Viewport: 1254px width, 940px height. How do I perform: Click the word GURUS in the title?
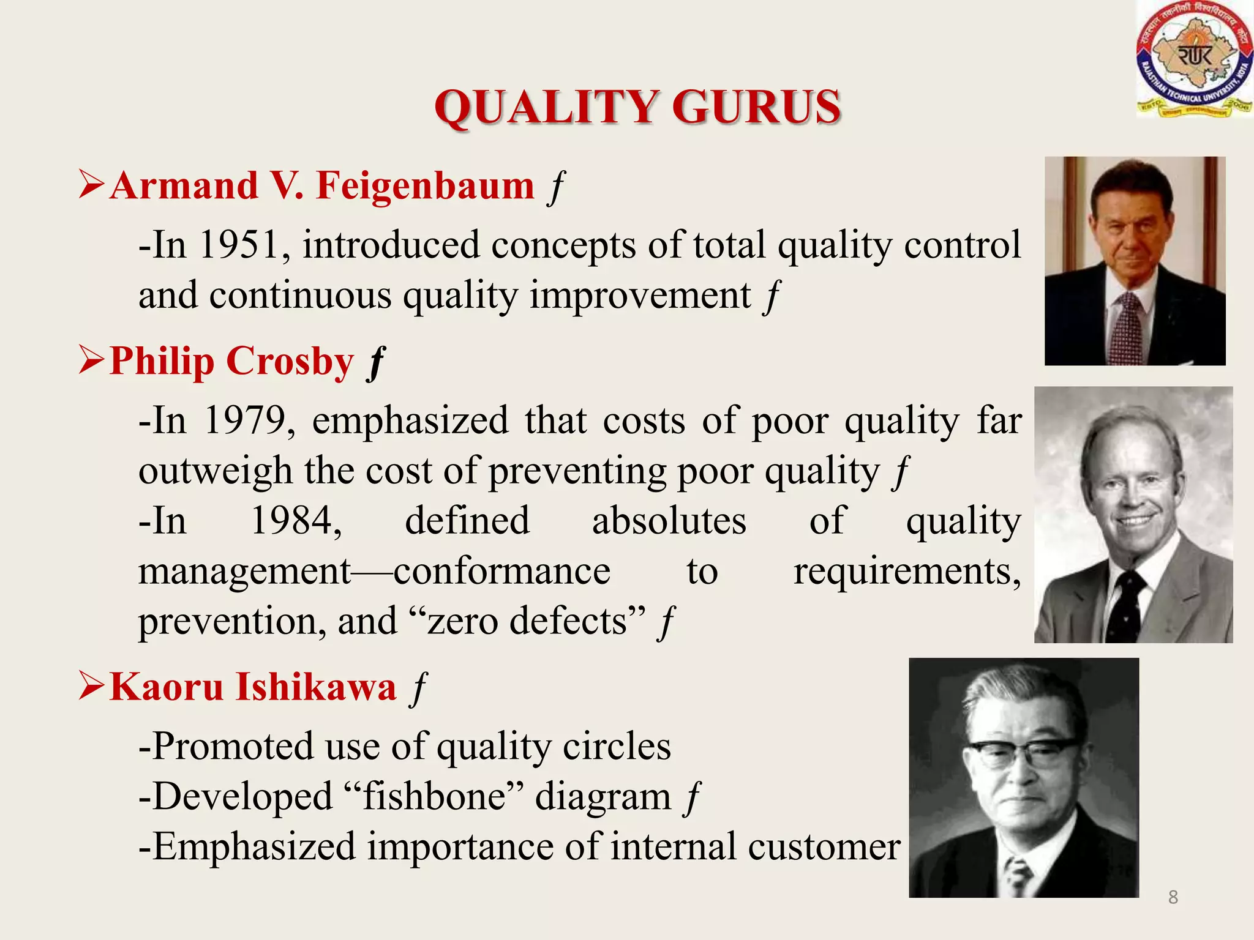(756, 107)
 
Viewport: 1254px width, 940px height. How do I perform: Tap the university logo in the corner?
(1194, 60)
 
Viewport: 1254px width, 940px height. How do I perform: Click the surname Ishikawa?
(316, 687)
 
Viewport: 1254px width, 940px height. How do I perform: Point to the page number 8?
(1173, 897)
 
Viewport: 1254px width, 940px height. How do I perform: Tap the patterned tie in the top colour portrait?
(1127, 327)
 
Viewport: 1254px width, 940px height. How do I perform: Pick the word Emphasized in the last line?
(253, 847)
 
